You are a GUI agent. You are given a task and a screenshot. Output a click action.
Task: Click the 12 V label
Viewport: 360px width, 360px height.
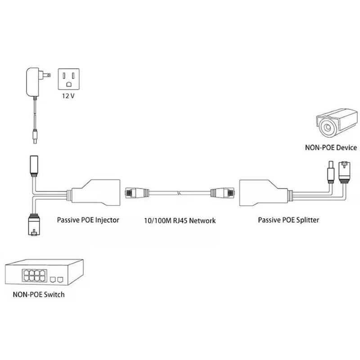click(68, 96)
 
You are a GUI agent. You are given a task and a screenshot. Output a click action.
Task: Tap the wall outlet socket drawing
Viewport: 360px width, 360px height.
click(69, 79)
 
